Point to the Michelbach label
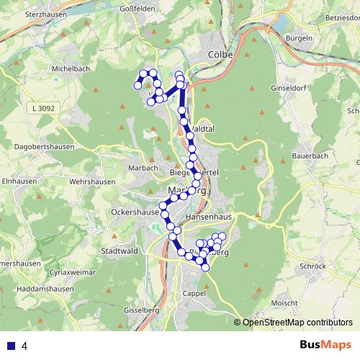pyautogui.click(x=70, y=69)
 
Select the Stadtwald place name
pyautogui.click(x=120, y=251)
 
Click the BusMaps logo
pyautogui.click(x=325, y=345)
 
